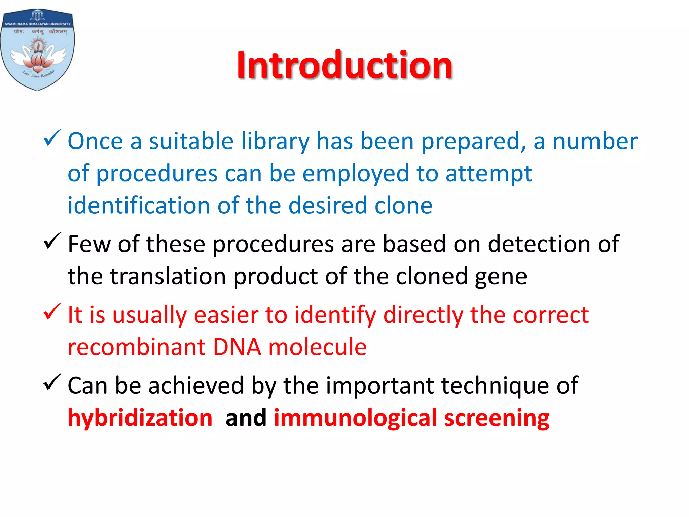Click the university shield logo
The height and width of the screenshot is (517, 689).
point(38,49)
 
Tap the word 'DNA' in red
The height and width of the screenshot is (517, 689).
point(237,347)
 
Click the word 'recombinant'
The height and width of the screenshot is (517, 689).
point(137,347)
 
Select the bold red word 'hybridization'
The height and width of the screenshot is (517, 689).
point(140,418)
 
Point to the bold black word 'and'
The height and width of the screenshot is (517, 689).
point(246,418)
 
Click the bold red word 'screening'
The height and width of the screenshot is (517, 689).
point(497,418)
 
